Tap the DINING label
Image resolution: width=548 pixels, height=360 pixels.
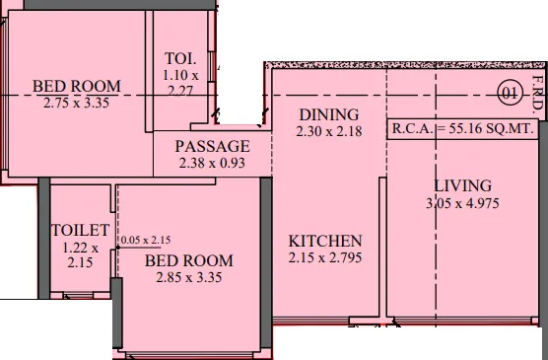(x=328, y=114)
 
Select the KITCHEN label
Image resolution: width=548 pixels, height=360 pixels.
(x=325, y=241)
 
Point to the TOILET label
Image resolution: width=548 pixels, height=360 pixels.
(x=80, y=230)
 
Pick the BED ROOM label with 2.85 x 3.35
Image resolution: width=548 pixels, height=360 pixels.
(x=189, y=260)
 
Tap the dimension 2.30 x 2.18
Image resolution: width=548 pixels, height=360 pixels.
(x=328, y=131)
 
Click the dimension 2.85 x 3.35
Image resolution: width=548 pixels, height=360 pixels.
(x=188, y=277)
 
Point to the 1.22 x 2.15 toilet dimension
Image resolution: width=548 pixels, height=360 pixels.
(x=80, y=255)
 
